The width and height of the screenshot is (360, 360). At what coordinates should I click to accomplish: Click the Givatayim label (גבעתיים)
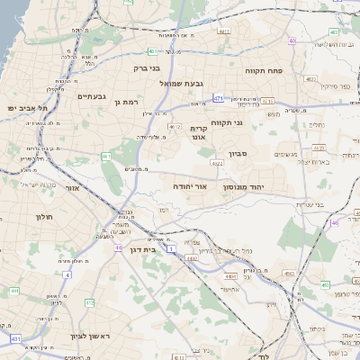pyautogui.click(x=92, y=96)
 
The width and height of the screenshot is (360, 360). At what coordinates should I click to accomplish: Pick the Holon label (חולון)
pyautogui.click(x=45, y=217)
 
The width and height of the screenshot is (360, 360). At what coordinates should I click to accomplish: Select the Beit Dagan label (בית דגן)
pyautogui.click(x=143, y=249)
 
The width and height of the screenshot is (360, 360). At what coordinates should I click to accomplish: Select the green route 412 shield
pyautogui.click(x=90, y=302)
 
